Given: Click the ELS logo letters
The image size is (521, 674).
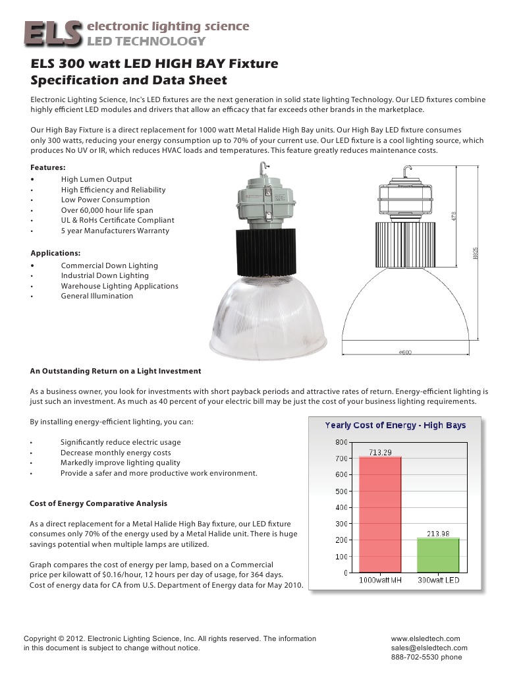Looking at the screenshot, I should point(53,33).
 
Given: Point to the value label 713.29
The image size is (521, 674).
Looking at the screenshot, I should point(380,452).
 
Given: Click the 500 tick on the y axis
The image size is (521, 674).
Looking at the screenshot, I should point(341,491).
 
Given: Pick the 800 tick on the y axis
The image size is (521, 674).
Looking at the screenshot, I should point(341,442).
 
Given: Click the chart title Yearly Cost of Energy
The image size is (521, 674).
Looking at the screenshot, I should point(395,425).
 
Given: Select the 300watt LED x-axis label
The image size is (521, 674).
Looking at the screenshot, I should point(439,580).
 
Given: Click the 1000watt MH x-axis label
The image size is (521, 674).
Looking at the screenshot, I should point(380,580).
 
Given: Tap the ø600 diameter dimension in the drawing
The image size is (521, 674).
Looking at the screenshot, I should point(405,352).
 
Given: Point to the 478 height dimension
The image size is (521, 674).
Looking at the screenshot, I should point(454,216).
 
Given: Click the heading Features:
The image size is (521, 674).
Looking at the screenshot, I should point(48,167).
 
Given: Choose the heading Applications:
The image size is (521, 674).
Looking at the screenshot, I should point(56,253).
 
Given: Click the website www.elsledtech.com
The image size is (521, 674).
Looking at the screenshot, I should point(425,638).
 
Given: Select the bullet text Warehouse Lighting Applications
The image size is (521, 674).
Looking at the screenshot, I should point(119,286).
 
